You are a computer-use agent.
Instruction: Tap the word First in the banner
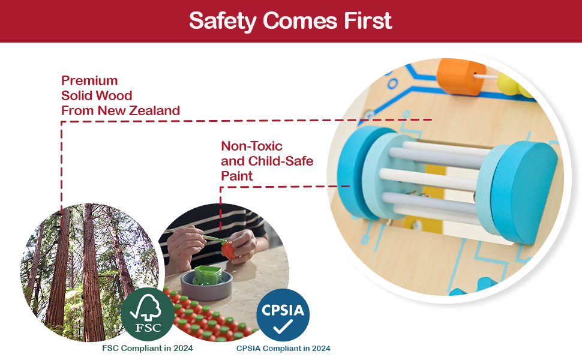[x=368, y=20]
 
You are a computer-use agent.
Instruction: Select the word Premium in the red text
[x=89, y=80]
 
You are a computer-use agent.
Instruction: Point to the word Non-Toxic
[x=251, y=146]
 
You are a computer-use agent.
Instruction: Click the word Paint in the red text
[x=237, y=176]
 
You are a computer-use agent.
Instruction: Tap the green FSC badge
[x=148, y=314]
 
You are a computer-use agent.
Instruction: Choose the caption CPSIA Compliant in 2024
[x=283, y=348]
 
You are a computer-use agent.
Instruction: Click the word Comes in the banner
[x=293, y=20]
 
